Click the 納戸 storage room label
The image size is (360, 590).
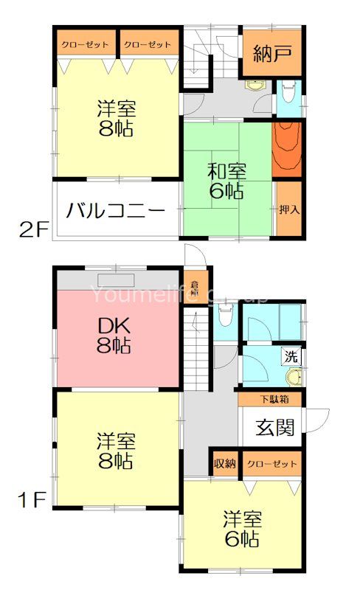click(x=271, y=54)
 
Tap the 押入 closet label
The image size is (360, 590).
click(x=289, y=209)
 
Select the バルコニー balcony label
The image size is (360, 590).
click(x=115, y=211)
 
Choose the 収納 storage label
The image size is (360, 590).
click(x=225, y=464)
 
